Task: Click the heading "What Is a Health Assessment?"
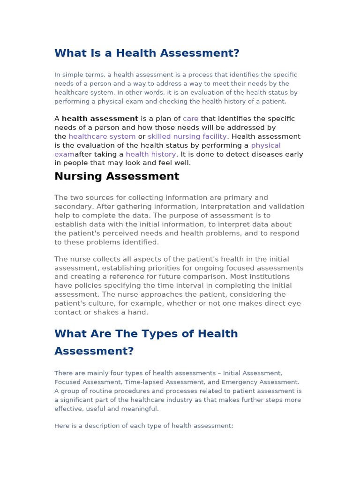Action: click(147, 53)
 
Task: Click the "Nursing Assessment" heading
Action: click(117, 176)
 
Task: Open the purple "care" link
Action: click(190, 119)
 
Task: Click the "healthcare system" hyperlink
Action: click(102, 136)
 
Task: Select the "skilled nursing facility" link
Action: click(187, 136)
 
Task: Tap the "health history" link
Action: click(150, 154)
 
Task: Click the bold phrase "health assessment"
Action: click(100, 119)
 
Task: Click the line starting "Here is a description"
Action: click(143, 426)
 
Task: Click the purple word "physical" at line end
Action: click(266, 145)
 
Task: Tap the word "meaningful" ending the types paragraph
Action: click(140, 409)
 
